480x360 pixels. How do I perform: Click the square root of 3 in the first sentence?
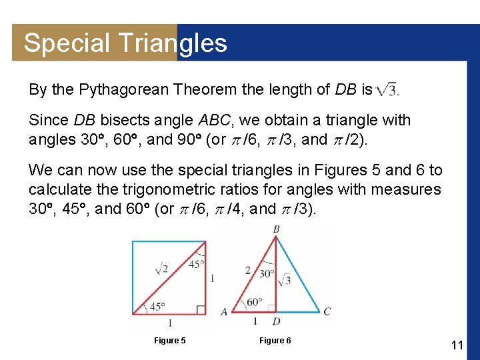(387, 89)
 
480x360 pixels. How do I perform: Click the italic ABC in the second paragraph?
(214, 121)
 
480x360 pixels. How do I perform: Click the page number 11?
(457, 345)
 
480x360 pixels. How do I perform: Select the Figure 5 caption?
(170, 341)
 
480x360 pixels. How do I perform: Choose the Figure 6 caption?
(275, 341)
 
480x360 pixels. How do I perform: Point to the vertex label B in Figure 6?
(276, 230)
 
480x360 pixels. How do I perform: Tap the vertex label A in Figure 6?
(224, 311)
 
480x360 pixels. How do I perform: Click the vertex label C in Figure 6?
(327, 311)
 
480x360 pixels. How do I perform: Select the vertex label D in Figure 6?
(276, 322)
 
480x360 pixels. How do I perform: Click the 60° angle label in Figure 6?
(254, 302)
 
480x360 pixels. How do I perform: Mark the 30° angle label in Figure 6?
(267, 273)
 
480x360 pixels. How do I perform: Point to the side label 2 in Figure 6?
(247, 270)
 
